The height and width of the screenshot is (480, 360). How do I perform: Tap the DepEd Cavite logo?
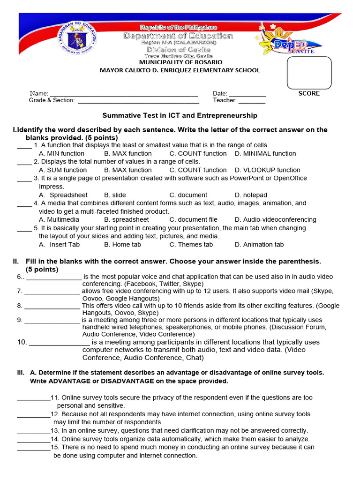290,43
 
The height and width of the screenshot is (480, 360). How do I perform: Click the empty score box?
309,73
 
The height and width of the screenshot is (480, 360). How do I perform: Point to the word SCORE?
309,93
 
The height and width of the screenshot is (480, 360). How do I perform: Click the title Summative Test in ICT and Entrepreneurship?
180,115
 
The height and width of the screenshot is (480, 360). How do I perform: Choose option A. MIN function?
61,153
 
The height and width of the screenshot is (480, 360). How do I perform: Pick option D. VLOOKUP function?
268,170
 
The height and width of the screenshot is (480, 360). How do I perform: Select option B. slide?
115,195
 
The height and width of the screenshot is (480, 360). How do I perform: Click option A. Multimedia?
59,219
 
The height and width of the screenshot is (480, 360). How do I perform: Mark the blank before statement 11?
33,399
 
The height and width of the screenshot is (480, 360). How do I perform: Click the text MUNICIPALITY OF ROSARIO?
180,62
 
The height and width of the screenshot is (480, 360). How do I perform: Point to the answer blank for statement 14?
33,441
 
